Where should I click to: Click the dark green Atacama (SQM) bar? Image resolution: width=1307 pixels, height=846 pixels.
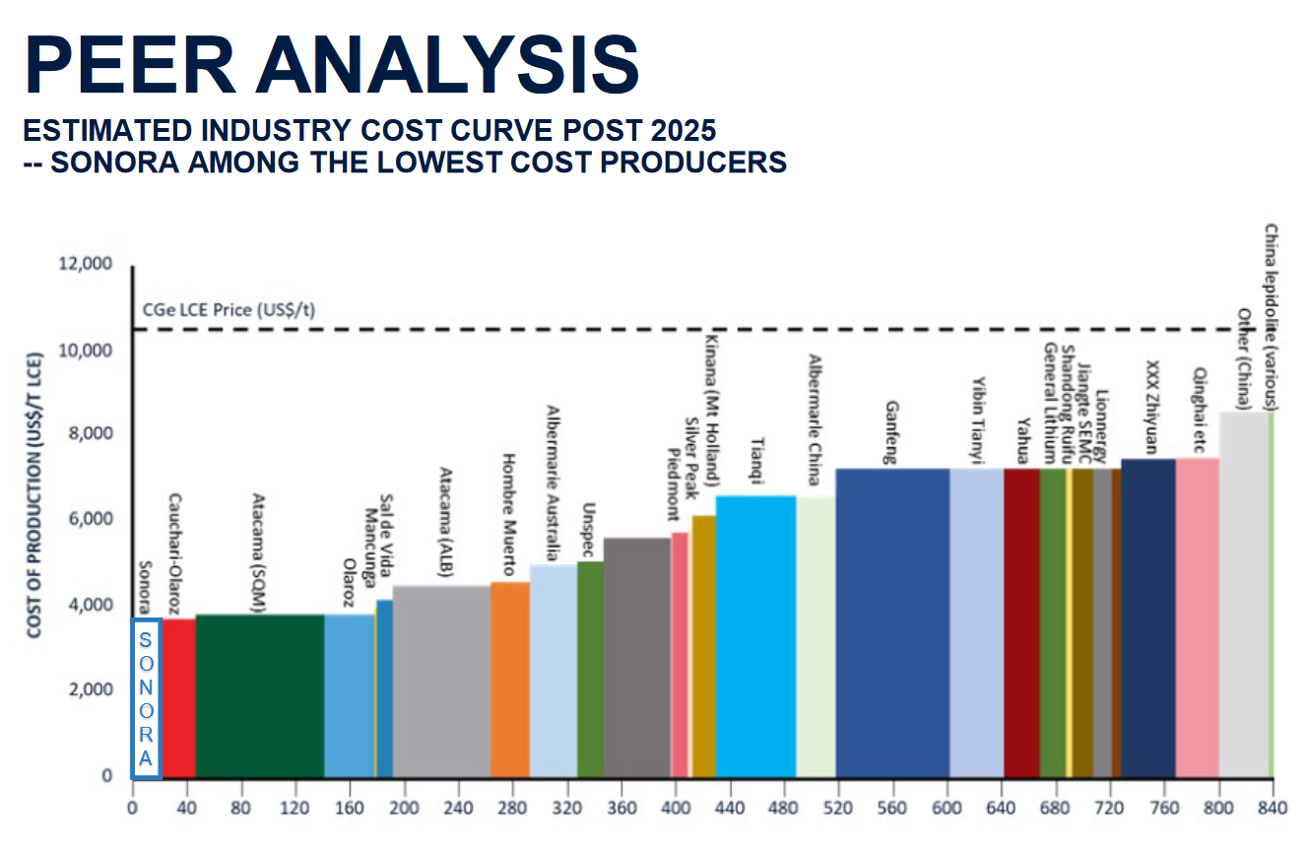[x=260, y=695]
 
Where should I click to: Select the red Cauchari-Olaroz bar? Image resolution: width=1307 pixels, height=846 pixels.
[x=179, y=697]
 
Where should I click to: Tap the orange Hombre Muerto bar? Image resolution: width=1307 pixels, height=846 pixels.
[x=510, y=680]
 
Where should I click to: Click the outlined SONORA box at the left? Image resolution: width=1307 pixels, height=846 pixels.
[x=146, y=698]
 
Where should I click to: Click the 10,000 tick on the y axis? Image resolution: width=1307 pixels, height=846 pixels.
[x=87, y=351]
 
